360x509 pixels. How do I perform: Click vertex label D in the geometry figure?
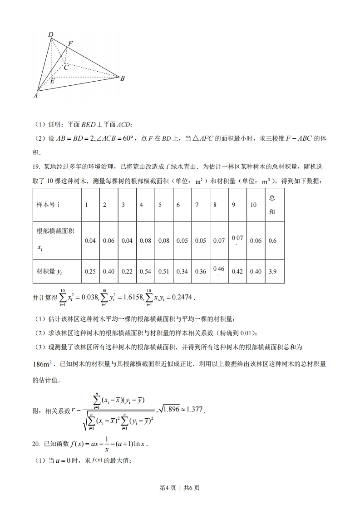[x=50, y=35]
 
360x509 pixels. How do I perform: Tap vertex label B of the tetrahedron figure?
[x=122, y=78]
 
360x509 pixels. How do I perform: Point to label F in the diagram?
[x=70, y=44]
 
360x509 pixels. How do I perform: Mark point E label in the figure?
[x=52, y=81]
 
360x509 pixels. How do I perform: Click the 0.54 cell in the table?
[x=145, y=271]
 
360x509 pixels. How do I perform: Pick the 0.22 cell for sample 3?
[x=127, y=271]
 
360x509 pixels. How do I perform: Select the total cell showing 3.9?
[x=272, y=271]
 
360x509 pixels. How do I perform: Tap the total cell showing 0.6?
[x=272, y=240]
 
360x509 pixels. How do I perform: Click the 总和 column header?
[x=272, y=205]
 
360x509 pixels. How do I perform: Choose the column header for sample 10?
[x=253, y=205]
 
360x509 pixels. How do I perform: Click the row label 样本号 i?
[x=48, y=205]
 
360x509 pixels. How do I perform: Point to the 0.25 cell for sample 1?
[x=90, y=271]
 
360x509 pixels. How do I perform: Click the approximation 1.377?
[x=194, y=410]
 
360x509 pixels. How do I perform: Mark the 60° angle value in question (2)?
[x=126, y=139]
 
